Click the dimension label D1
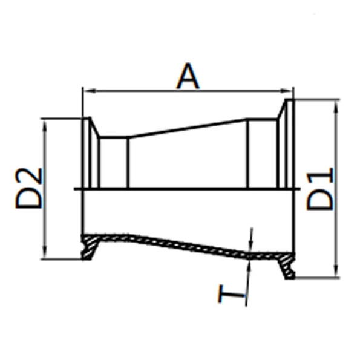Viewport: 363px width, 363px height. point(320,189)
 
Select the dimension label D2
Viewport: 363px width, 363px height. point(29,188)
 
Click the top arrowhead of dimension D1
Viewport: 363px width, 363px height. point(336,104)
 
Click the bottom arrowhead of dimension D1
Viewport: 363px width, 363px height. point(336,273)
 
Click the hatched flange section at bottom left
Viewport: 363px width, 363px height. point(91,245)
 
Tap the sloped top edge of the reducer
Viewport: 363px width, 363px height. point(188,128)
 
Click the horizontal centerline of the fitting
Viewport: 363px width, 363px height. point(188,189)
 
